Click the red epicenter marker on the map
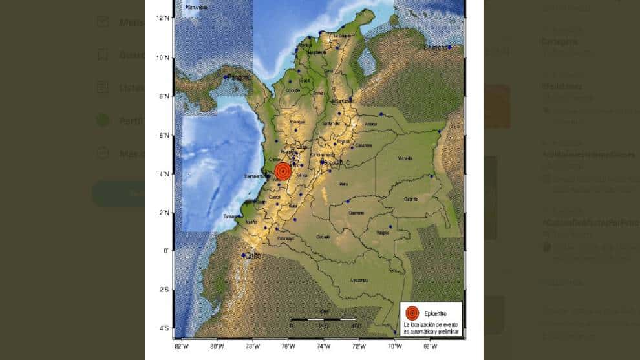283,171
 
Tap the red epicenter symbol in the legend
413,313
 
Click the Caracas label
434,48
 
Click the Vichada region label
405,158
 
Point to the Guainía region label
411,199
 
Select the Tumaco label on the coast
230,217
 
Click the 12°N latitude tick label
163,17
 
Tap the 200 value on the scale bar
323,325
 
